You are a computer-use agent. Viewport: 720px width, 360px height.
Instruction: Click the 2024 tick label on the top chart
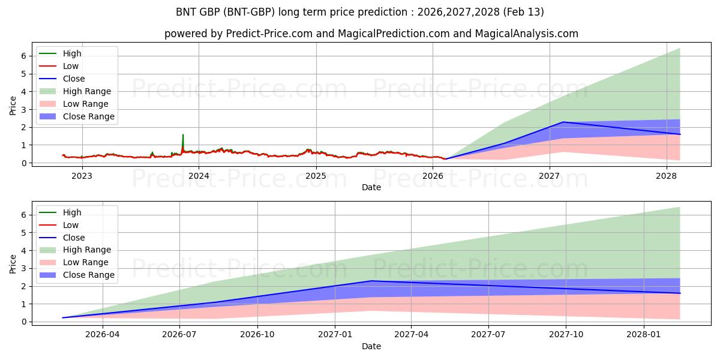tap(199, 175)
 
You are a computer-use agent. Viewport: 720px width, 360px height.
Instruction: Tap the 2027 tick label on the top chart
tap(550, 175)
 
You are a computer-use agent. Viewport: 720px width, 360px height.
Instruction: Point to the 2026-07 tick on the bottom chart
tap(180, 334)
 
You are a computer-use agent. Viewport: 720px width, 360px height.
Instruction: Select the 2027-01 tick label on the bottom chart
tap(335, 334)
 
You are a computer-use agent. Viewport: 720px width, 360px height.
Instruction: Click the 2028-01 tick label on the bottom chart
tap(644, 334)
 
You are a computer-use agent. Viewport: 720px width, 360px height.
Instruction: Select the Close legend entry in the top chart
tap(74, 79)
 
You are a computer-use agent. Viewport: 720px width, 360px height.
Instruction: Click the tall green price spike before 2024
tap(183, 136)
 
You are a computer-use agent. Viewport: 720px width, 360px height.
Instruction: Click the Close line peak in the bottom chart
tap(371, 281)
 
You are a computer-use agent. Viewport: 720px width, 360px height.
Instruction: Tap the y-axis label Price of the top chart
tap(13, 106)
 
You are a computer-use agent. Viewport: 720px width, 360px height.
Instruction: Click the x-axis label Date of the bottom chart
tap(371, 346)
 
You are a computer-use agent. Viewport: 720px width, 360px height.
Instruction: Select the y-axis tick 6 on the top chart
tap(25, 56)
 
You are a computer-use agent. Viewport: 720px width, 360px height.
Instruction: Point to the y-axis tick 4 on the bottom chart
tap(25, 250)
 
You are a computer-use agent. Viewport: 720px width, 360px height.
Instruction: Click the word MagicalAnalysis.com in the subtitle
tap(523, 34)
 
